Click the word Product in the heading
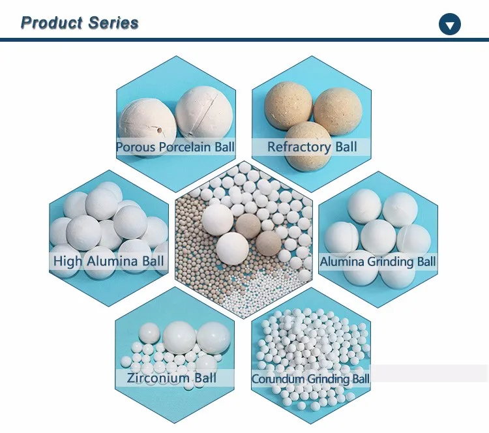pyautogui.click(x=49, y=23)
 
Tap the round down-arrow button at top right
pyautogui.click(x=450, y=25)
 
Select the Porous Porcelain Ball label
pyautogui.click(x=175, y=147)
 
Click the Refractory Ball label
pyautogui.click(x=312, y=147)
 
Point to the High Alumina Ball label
pyautogui.click(x=109, y=262)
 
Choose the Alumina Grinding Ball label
pyautogui.click(x=378, y=262)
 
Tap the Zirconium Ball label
pyautogui.click(x=172, y=378)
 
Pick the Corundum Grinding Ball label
pyautogui.click(x=310, y=378)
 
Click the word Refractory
pyautogui.click(x=299, y=147)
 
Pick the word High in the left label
pyautogui.click(x=68, y=262)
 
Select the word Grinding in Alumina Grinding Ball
pyautogui.click(x=391, y=262)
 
